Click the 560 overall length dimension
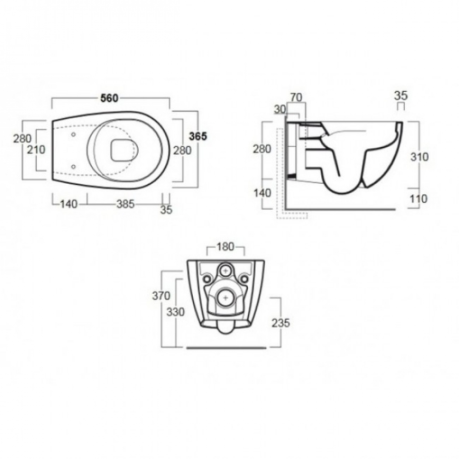(x=109, y=98)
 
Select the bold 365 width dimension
(x=198, y=136)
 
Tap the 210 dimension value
(x=36, y=150)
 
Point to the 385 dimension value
(x=125, y=204)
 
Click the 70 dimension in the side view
(x=296, y=97)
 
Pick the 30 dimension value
(x=280, y=109)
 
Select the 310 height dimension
(x=419, y=157)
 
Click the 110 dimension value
(x=419, y=199)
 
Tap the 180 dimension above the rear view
(x=225, y=247)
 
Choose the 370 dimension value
(x=161, y=296)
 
